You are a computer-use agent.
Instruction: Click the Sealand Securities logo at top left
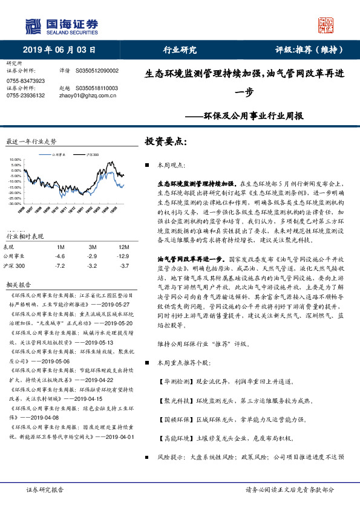[61, 25]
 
